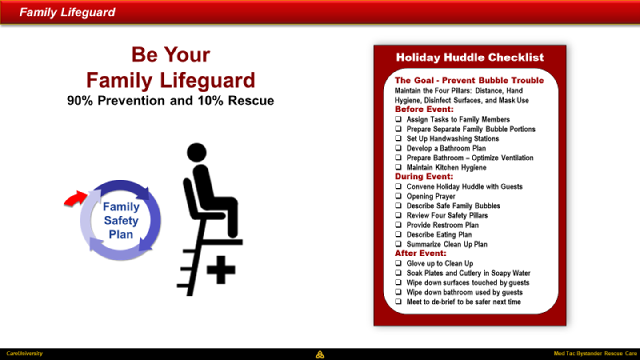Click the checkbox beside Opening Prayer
(398, 196)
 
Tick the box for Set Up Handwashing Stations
(398, 138)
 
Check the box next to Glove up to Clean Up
(398, 263)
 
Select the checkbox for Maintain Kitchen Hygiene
(398, 167)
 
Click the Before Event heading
(424, 109)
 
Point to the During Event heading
(424, 176)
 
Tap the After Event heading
(420, 253)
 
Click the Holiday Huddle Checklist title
(470, 57)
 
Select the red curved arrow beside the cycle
(75, 198)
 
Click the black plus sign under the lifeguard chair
(221, 270)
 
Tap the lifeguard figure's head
(196, 152)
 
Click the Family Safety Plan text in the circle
(121, 220)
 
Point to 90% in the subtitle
(80, 100)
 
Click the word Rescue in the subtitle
(251, 100)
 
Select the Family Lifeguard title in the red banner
(67, 12)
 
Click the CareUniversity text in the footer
(24, 353)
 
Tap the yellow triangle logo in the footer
(320, 355)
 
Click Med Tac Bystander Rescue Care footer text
(596, 353)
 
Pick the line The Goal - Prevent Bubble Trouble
(469, 80)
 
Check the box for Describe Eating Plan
(398, 234)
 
